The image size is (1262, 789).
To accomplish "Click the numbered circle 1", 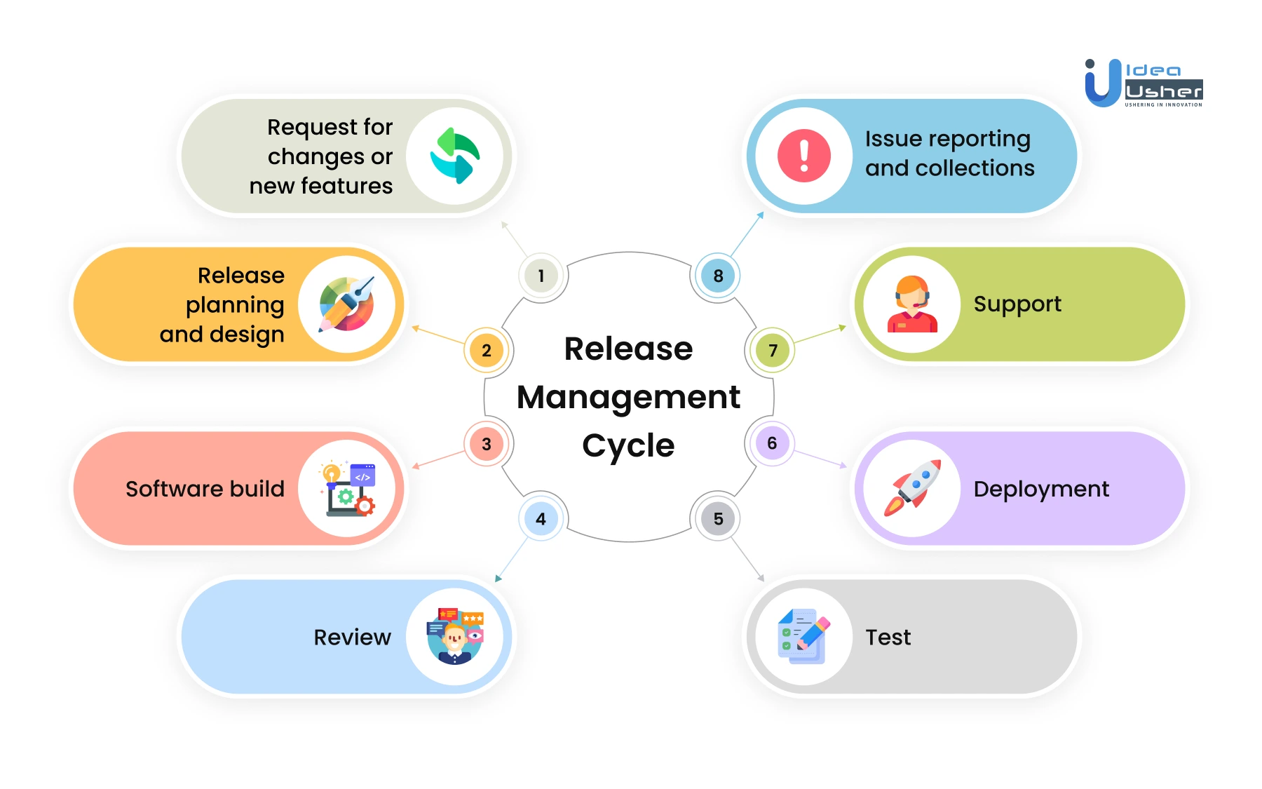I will pos(541,276).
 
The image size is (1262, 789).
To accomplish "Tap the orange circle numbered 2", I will pos(487,350).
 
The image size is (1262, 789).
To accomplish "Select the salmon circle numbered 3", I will pos(487,444).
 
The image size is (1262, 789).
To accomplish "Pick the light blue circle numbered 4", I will pos(541,519).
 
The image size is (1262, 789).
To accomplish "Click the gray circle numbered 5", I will pos(718,519).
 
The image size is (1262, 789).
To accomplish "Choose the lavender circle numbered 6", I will pos(772,443).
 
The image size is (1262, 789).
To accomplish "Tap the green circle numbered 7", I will pos(773,350).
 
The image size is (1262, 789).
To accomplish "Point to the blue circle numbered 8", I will pos(718,276).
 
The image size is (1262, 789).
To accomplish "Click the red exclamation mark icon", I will pos(804,156).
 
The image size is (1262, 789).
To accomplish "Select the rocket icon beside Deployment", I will pos(912,488).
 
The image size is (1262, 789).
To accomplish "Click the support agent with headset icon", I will pos(912,304).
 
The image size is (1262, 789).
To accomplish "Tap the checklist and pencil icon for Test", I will pos(803,636).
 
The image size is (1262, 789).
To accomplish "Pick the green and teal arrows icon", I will pos(455,156).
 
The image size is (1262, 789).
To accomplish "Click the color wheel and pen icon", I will pos(346,304).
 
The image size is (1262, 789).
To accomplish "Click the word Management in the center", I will pos(628,397).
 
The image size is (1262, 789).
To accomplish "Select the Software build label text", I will pos(205,489).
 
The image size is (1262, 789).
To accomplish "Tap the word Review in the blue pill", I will pos(352,637).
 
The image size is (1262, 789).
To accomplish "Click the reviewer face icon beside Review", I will pos(455,636).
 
